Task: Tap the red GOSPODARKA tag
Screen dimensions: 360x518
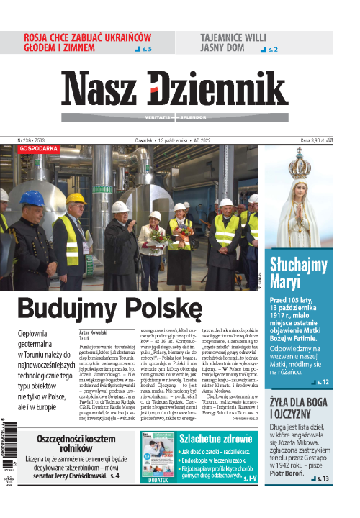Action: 39,150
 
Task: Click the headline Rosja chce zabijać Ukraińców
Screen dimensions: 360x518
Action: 86,42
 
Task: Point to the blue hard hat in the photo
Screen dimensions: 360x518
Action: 32,199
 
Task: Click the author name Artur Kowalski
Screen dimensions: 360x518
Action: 94,332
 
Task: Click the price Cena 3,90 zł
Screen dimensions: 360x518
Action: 316,140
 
